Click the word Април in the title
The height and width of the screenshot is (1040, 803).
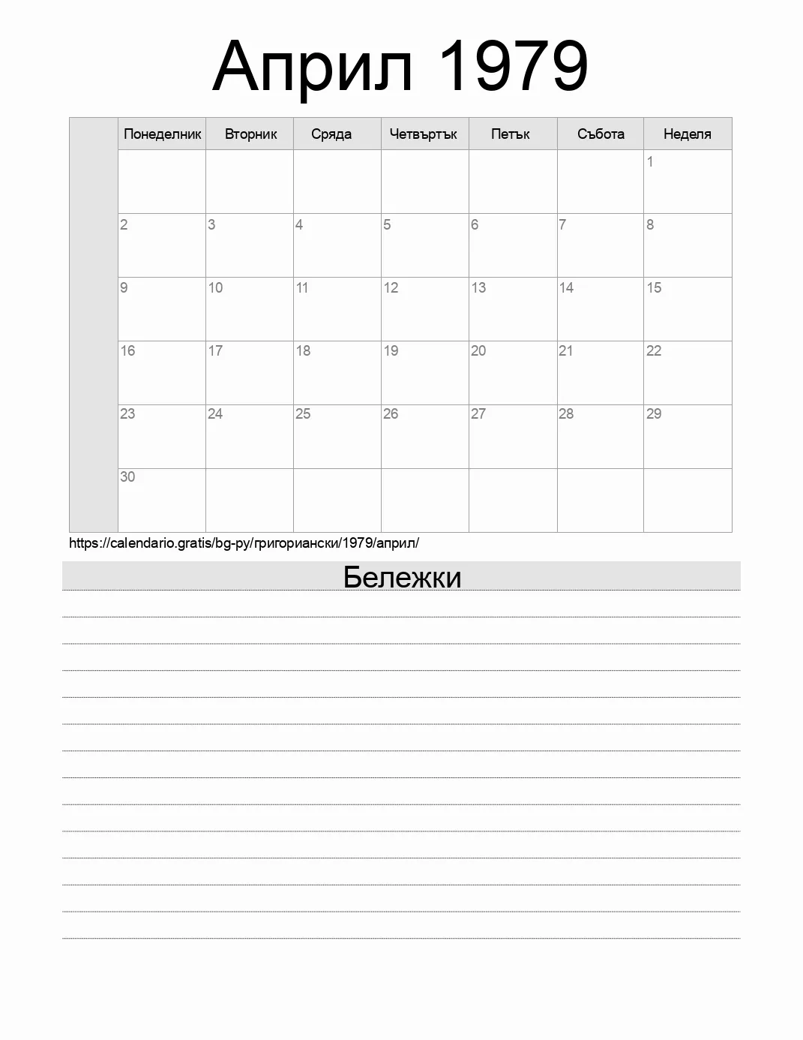click(313, 68)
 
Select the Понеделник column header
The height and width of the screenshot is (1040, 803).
click(162, 134)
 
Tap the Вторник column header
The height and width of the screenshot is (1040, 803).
click(250, 134)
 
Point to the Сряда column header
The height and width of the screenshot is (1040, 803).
click(331, 134)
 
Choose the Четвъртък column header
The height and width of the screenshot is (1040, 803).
click(424, 134)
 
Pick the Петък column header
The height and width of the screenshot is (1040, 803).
click(511, 134)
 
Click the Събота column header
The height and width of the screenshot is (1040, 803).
click(601, 134)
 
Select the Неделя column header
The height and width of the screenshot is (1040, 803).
click(687, 134)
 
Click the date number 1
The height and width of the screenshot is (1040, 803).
click(650, 161)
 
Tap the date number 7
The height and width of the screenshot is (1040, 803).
click(562, 224)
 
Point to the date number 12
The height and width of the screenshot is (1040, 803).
click(391, 287)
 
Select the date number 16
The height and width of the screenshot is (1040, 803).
click(127, 350)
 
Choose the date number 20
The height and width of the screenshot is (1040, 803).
click(478, 350)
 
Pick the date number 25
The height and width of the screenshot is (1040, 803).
click(303, 413)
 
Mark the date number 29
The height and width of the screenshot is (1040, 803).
click(654, 413)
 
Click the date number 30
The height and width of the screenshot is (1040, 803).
click(127, 476)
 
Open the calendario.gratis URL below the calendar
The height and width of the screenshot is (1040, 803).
click(244, 543)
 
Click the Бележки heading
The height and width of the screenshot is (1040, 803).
click(402, 577)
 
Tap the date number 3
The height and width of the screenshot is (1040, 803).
click(211, 224)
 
